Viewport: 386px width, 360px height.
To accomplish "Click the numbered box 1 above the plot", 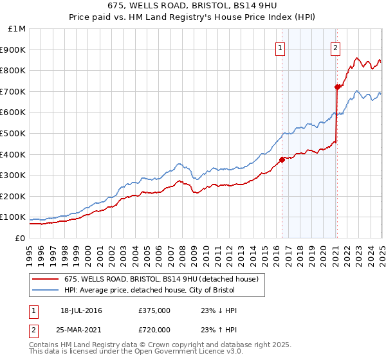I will (281, 46).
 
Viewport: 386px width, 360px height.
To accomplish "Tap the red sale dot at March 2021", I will (336, 87).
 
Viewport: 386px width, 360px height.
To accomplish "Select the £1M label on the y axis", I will (17, 29).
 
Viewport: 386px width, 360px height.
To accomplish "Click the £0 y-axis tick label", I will (19, 238).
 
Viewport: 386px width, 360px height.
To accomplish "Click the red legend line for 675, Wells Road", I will (46, 279).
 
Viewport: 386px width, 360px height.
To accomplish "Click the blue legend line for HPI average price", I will (46, 290).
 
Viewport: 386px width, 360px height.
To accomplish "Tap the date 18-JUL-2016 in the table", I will (80, 310).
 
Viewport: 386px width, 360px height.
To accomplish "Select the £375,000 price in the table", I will (154, 310).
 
